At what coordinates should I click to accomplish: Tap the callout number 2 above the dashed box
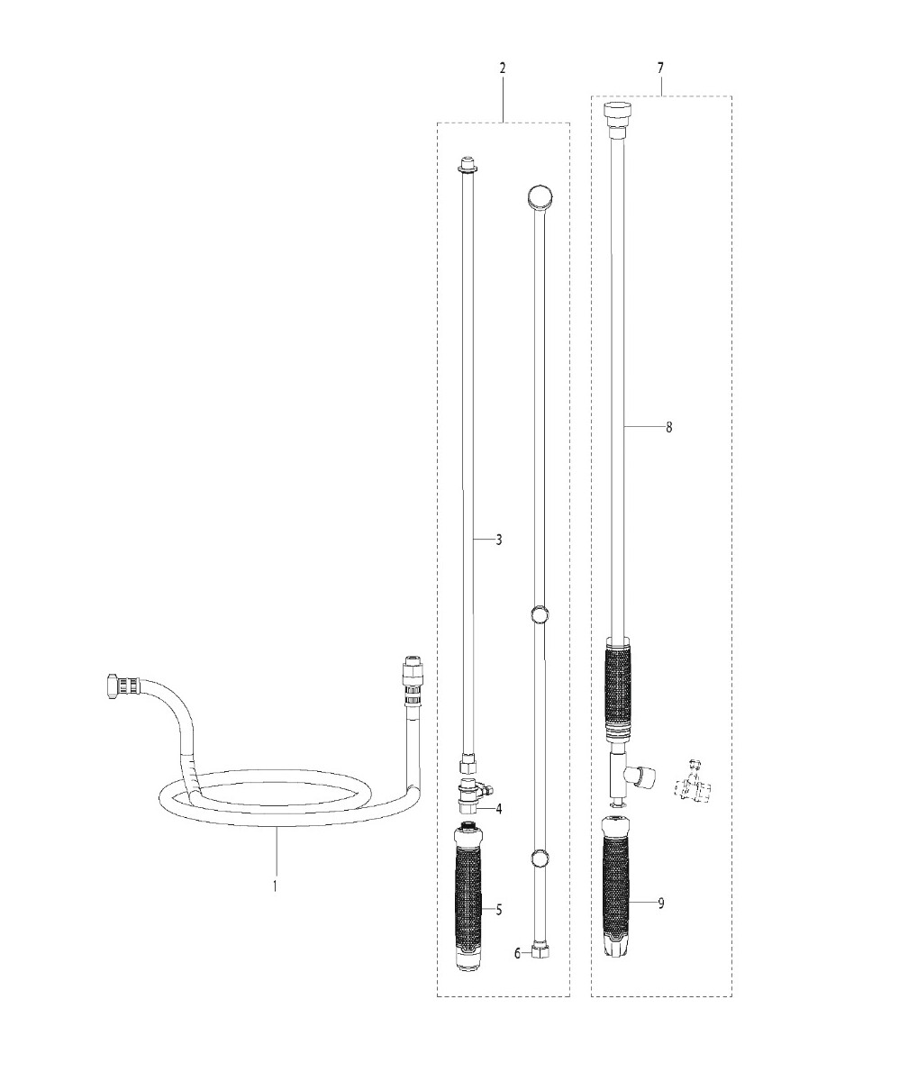click(x=503, y=68)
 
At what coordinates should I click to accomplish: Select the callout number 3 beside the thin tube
click(x=499, y=540)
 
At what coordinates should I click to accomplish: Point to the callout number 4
click(x=499, y=809)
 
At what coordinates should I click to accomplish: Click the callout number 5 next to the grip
click(x=499, y=910)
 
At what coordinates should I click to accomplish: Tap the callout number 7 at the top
click(x=660, y=68)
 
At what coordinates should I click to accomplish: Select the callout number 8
click(x=668, y=427)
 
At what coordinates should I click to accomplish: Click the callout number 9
click(x=661, y=904)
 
